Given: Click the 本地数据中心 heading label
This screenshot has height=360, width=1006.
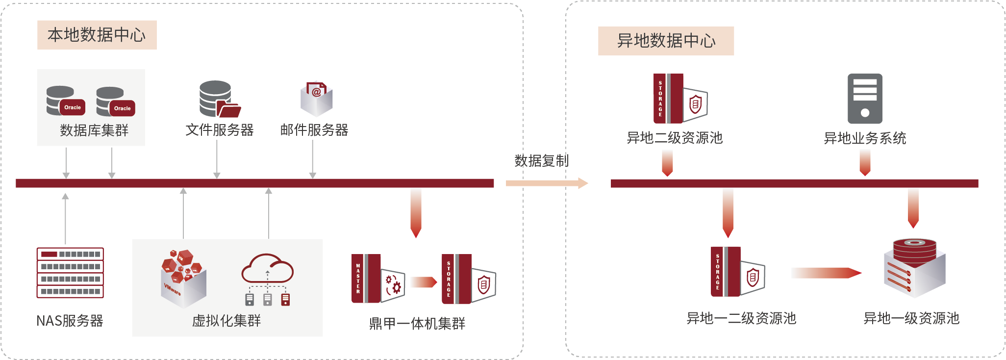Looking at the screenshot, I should click(97, 35).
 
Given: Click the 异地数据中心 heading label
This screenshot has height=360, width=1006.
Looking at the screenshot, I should click(666, 41).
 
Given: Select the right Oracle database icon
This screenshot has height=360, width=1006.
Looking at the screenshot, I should click(115, 102).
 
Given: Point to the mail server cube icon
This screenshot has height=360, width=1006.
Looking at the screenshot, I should click(316, 98).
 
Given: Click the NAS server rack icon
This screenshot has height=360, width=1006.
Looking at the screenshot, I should click(70, 273).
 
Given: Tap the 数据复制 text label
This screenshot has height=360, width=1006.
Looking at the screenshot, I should click(541, 160).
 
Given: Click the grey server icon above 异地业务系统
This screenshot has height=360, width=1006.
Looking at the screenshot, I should click(865, 99).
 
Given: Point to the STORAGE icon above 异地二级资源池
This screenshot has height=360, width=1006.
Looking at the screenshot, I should click(680, 99).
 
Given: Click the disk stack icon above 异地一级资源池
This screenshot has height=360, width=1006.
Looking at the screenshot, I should click(914, 268).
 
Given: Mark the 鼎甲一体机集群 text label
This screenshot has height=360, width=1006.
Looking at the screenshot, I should click(417, 324).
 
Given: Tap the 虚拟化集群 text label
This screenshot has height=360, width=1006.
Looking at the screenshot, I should click(226, 321).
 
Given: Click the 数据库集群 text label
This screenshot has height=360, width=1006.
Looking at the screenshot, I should click(94, 130).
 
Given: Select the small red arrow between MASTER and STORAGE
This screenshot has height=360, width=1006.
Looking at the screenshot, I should click(424, 282).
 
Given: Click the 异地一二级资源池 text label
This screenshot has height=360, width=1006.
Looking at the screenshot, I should click(741, 318).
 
